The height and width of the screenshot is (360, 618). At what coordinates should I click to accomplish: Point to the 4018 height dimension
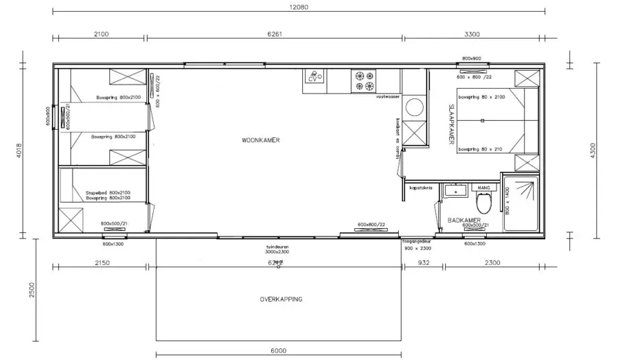pos(20,150)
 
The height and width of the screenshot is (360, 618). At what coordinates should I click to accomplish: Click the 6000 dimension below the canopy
pos(278,350)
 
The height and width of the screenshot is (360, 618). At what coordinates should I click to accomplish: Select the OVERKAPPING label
pos(281,300)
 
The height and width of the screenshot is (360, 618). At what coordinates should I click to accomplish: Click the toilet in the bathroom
pos(484,202)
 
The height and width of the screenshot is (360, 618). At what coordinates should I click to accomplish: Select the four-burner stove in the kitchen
pos(364,81)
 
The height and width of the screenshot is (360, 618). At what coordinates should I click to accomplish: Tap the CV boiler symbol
pos(314,78)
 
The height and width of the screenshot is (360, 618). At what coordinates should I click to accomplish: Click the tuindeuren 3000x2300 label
pos(278,249)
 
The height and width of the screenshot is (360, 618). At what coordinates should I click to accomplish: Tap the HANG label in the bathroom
pos(483,187)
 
